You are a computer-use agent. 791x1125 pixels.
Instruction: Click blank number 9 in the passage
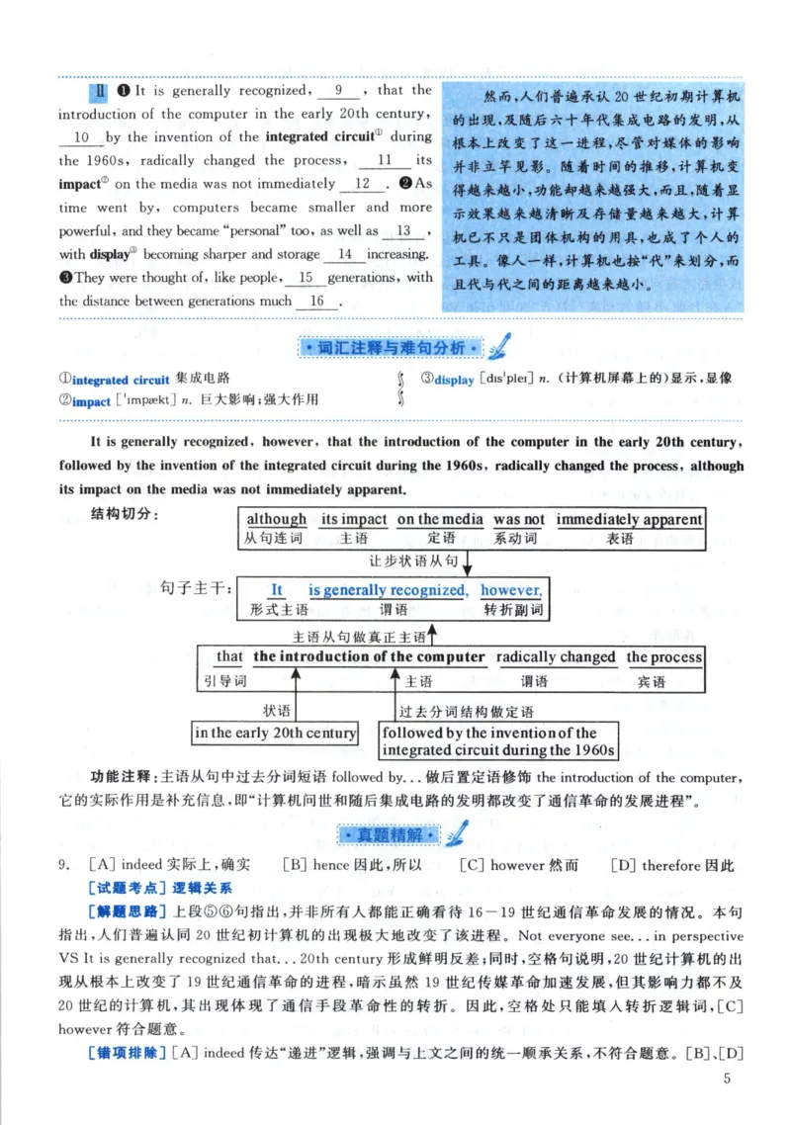(x=338, y=90)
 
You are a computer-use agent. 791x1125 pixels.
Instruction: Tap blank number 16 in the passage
(x=317, y=301)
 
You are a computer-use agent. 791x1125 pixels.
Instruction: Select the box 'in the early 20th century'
(x=275, y=733)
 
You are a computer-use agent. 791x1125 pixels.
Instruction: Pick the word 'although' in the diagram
(x=277, y=519)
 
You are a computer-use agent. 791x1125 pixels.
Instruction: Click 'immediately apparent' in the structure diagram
(x=629, y=519)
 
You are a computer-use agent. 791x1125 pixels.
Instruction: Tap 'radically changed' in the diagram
(x=556, y=656)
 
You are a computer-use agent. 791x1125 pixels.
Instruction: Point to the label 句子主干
(x=196, y=589)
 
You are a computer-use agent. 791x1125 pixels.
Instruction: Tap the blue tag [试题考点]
(x=122, y=887)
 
